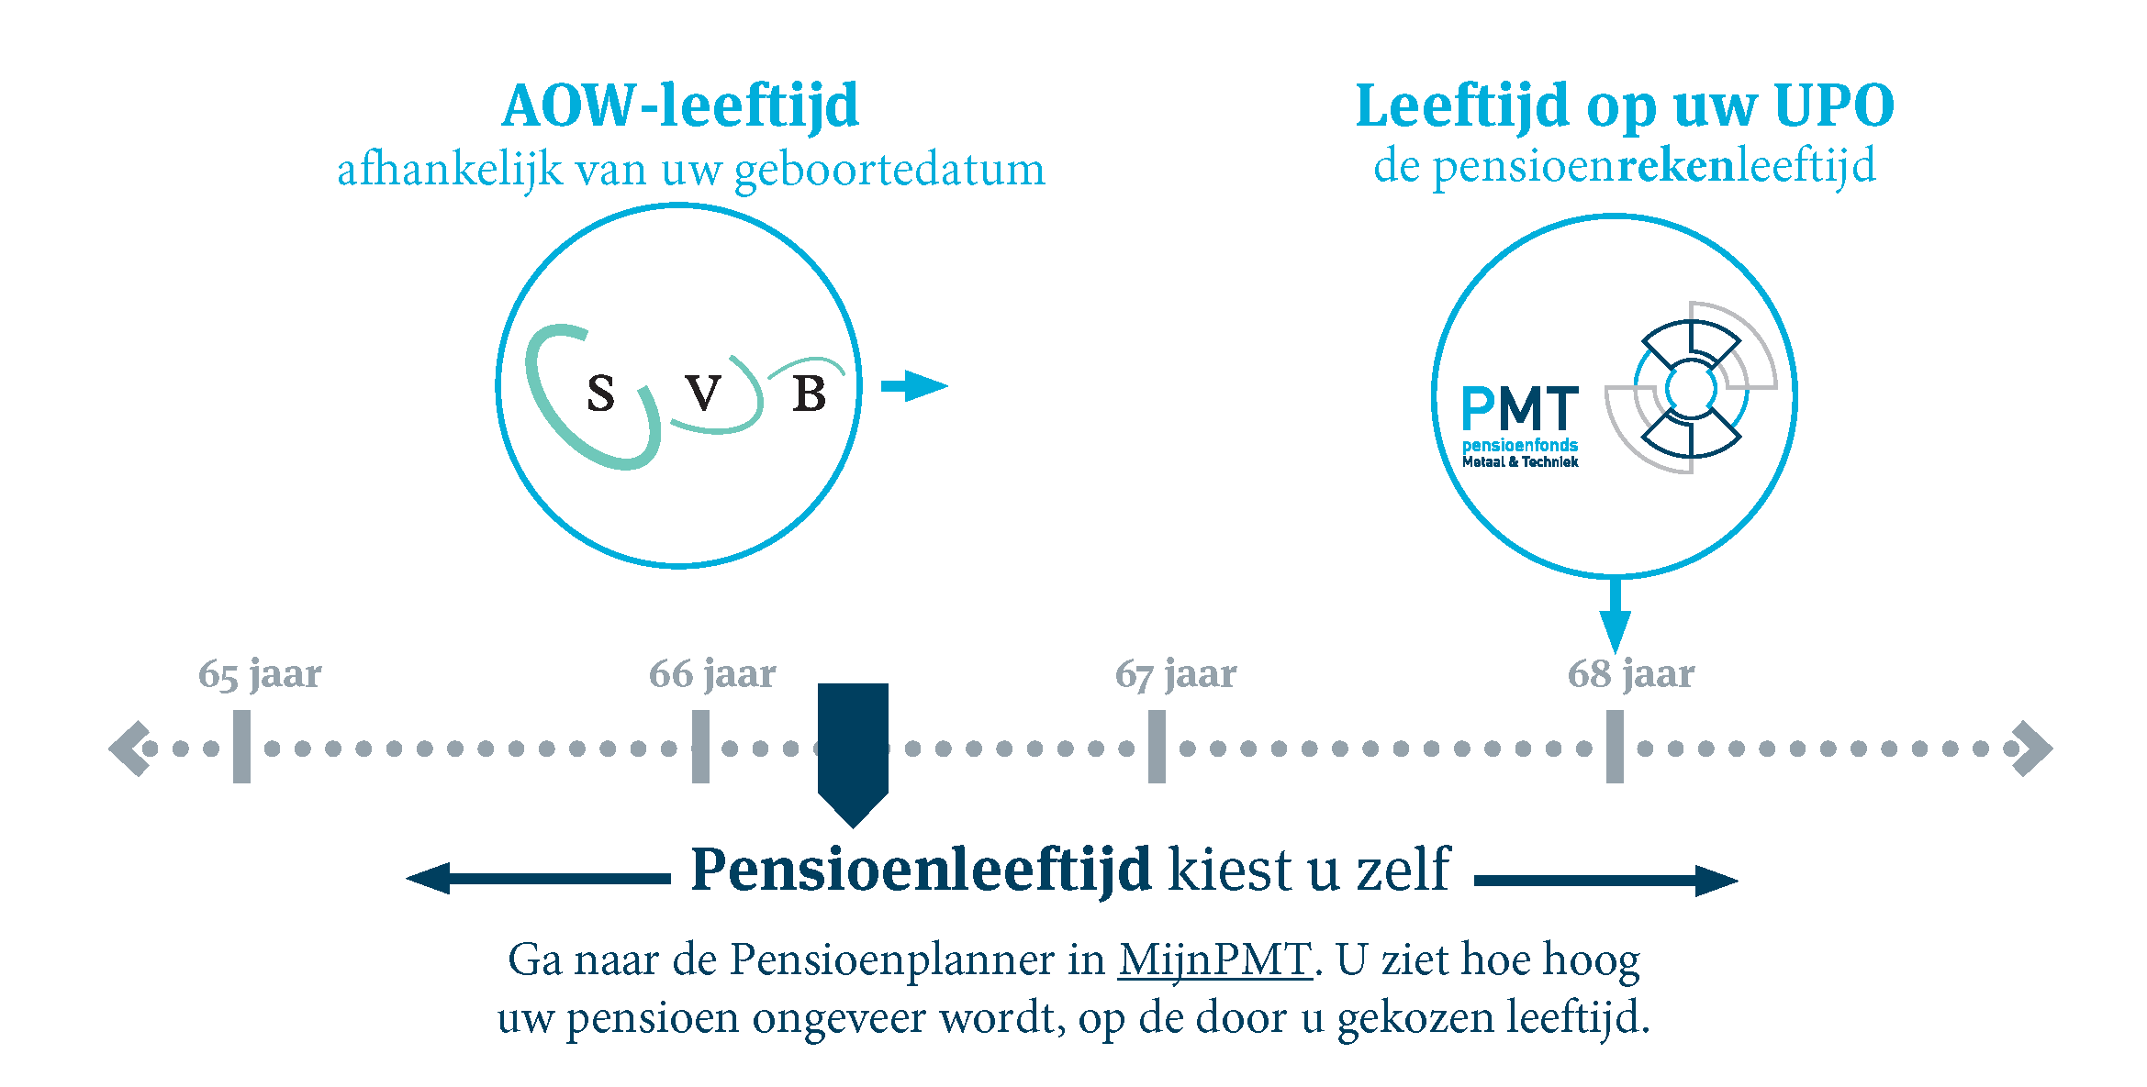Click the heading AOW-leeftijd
click(x=680, y=106)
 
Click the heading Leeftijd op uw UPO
click(x=1625, y=106)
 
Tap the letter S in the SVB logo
click(x=600, y=394)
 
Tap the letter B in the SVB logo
click(x=809, y=394)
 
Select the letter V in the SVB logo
click(x=703, y=394)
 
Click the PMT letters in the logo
click(x=1520, y=408)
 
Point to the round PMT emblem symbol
click(x=1691, y=387)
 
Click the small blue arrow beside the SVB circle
click(x=914, y=386)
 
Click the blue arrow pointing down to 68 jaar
click(x=1615, y=615)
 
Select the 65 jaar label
click(x=260, y=674)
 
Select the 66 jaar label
click(x=712, y=674)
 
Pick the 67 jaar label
click(x=1176, y=674)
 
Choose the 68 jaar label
click(x=1631, y=674)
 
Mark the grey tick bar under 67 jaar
click(x=1157, y=747)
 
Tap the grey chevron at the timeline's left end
click(x=129, y=749)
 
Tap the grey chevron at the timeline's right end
click(x=2032, y=749)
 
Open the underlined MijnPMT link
click(x=1214, y=960)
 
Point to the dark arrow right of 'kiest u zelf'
click(x=1606, y=881)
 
